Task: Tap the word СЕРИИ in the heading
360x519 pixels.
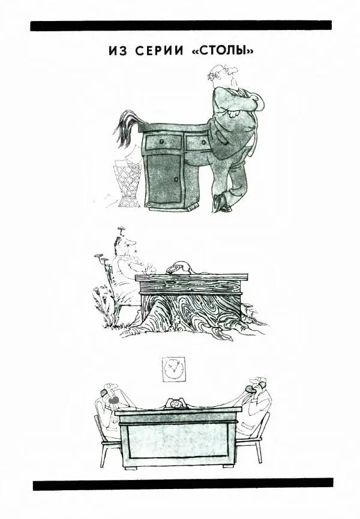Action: pyautogui.click(x=159, y=50)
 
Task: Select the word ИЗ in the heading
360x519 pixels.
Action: pyautogui.click(x=118, y=50)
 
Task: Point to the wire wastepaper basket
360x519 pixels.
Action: pyautogui.click(x=128, y=182)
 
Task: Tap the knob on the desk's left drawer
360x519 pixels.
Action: pyautogui.click(x=161, y=142)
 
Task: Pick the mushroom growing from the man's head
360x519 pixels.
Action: pyautogui.click(x=121, y=229)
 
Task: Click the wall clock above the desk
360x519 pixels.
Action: pyautogui.click(x=174, y=369)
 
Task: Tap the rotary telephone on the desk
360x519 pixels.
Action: pyautogui.click(x=176, y=403)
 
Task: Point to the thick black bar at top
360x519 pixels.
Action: pyautogui.click(x=181, y=25)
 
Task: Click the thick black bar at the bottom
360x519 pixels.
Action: pyautogui.click(x=183, y=484)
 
